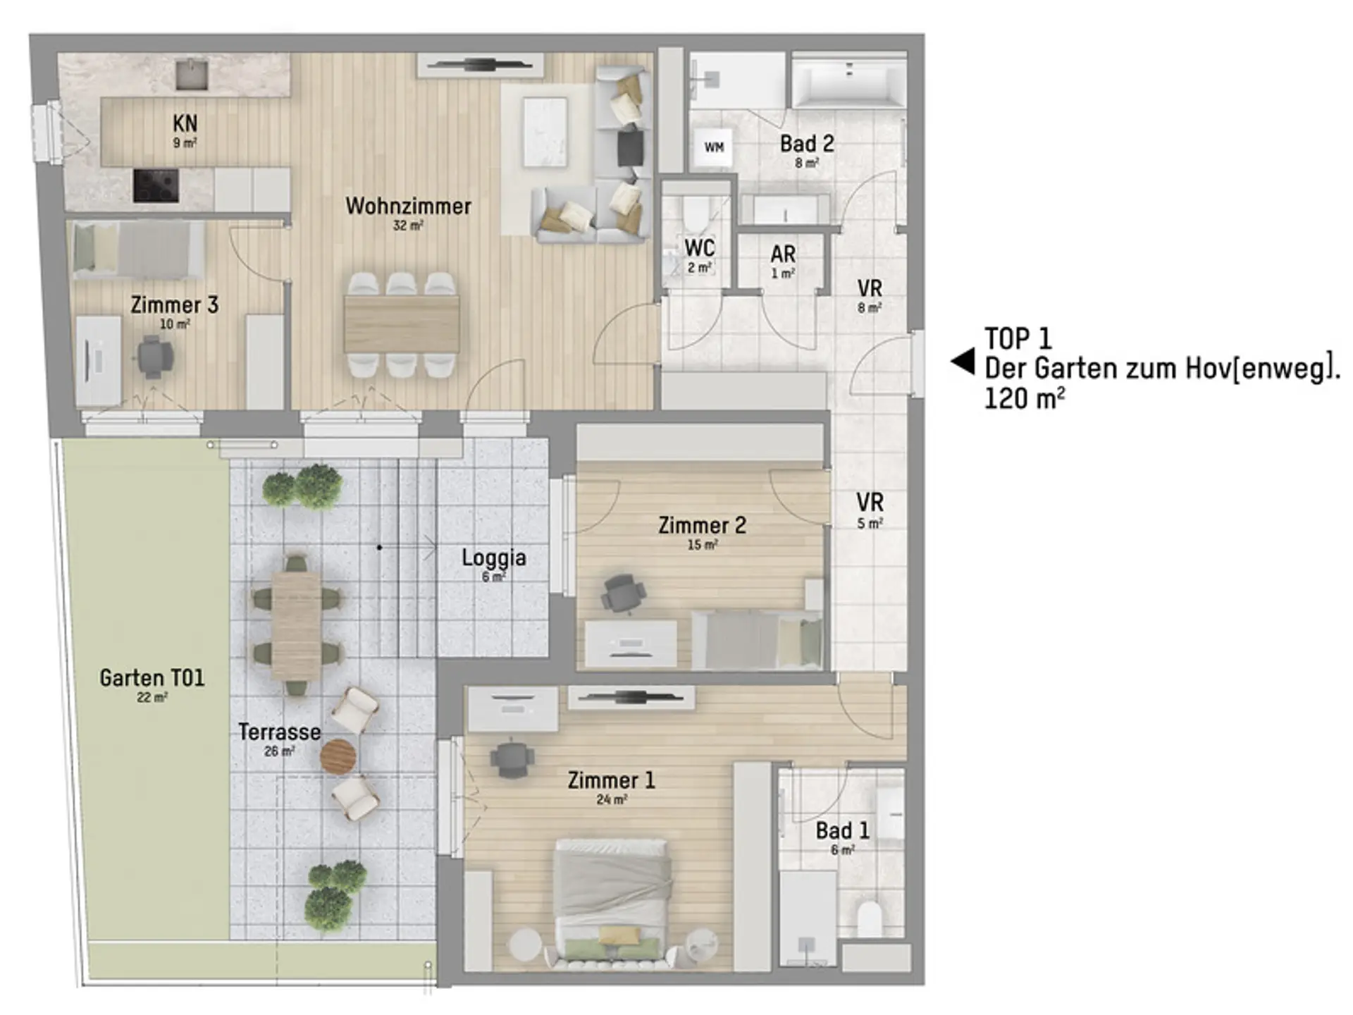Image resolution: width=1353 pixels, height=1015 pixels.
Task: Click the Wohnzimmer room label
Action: coord(408,207)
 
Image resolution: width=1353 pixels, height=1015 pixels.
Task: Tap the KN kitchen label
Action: coord(185,123)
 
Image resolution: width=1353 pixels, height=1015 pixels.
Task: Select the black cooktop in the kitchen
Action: coord(156,185)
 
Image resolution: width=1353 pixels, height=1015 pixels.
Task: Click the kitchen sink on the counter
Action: coord(192,74)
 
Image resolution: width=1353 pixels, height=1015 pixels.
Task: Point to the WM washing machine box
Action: coord(715,147)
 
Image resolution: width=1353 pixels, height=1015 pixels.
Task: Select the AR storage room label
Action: coord(783,254)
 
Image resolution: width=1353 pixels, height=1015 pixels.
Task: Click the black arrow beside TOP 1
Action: coord(963,362)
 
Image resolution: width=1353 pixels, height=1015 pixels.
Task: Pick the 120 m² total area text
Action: coord(1024,399)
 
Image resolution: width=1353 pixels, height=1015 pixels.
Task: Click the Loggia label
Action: coord(494,558)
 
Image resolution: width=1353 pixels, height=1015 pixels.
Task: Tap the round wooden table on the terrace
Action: coord(339,757)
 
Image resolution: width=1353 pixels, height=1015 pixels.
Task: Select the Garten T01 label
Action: coord(152,678)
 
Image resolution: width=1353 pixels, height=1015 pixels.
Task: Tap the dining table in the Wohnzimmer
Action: coord(402,324)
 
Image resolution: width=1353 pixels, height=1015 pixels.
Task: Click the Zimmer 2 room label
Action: coord(702,526)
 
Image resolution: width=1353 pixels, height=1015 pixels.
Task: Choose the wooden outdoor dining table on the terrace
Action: coord(297,625)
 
